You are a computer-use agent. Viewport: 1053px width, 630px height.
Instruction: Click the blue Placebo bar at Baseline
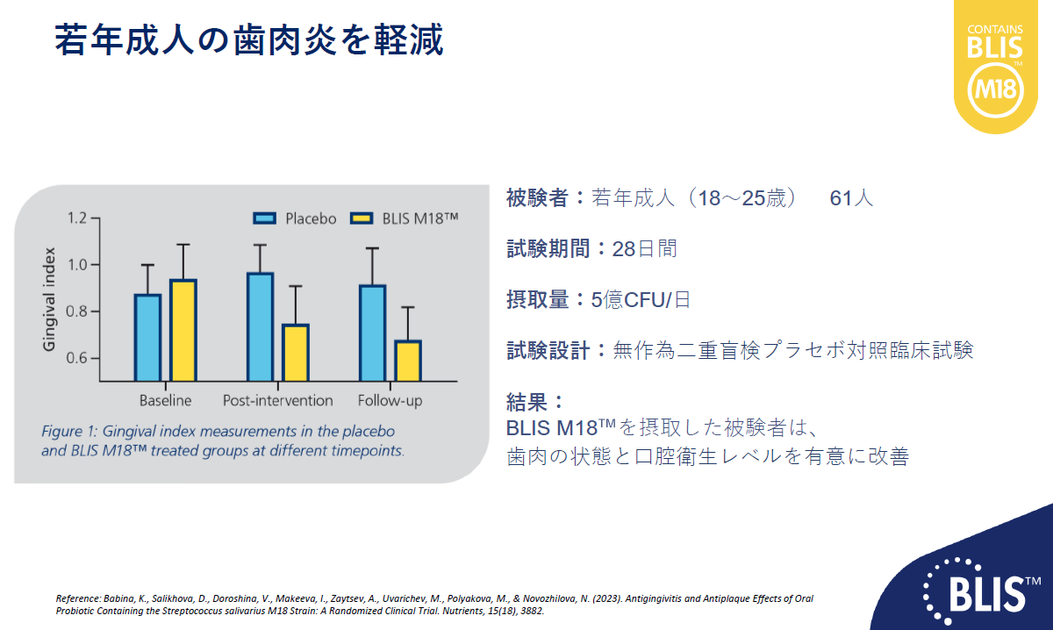tap(148, 338)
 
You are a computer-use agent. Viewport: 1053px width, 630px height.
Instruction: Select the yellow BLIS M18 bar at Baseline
tap(183, 330)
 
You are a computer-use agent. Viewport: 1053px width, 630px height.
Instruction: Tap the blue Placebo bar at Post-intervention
tap(261, 326)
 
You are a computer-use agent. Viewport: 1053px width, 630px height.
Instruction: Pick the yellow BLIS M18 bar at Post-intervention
tap(296, 353)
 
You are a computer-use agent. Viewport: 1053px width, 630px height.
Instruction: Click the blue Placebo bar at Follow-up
tap(373, 333)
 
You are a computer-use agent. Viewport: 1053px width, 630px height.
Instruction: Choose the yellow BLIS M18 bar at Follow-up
tap(408, 361)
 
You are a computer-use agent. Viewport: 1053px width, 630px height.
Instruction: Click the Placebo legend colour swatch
tap(264, 218)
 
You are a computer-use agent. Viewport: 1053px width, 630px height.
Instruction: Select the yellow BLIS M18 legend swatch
tap(362, 218)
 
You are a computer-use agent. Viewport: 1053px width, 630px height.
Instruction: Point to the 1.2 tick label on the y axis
tap(77, 218)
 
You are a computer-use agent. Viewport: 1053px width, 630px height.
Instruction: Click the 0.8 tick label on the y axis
tap(76, 311)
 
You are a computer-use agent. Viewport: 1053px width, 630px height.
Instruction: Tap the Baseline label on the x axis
tap(166, 401)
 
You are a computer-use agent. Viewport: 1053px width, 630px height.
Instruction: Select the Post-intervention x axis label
tap(278, 401)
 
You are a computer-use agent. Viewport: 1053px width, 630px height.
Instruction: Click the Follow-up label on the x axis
tap(390, 401)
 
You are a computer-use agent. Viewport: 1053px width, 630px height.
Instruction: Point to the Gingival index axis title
tap(49, 299)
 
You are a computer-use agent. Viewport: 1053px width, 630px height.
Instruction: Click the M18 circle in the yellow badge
tap(996, 89)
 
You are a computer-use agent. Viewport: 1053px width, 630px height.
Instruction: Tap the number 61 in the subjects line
tap(841, 198)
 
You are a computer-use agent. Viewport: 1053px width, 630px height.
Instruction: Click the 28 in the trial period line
tap(623, 248)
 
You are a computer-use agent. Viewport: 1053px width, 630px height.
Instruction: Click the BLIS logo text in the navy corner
tap(987, 594)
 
